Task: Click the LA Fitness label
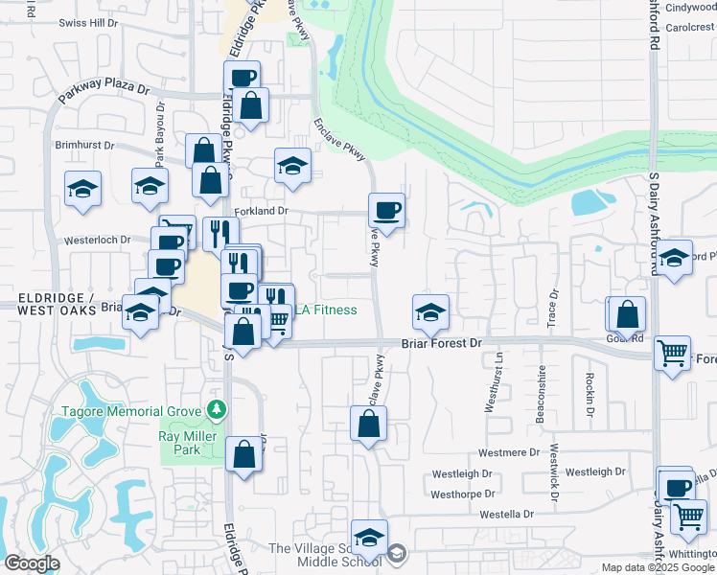coord(325,310)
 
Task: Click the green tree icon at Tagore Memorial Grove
coord(217,410)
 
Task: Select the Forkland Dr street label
coord(261,211)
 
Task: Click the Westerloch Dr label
coord(97,241)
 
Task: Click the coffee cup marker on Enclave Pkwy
coord(386,210)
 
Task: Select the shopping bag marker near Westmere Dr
coord(368,424)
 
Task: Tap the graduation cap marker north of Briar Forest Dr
coord(430,311)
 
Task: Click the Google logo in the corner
coord(32,563)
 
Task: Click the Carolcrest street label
coord(689,27)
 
